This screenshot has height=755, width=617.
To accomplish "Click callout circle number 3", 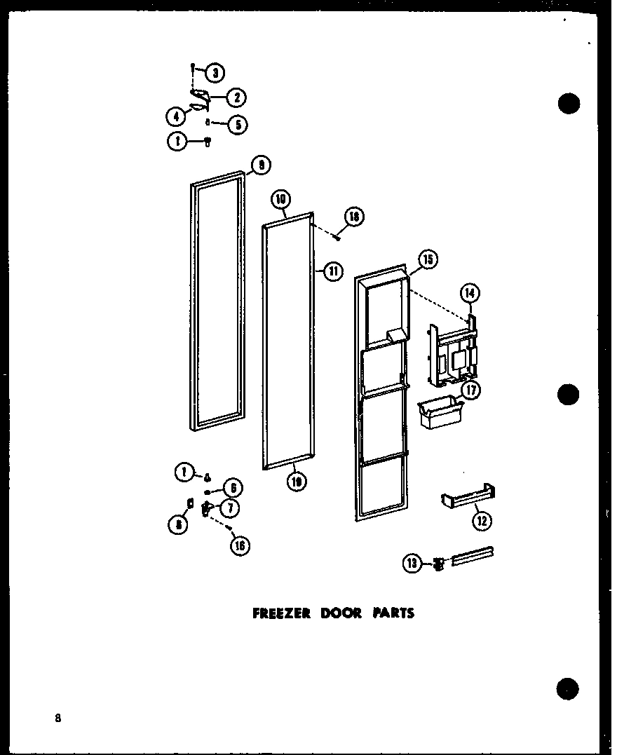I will tap(215, 72).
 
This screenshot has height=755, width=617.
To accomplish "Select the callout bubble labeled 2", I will tap(238, 97).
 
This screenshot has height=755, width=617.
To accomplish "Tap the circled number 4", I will tap(175, 116).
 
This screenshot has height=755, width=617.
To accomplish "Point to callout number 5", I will tap(238, 125).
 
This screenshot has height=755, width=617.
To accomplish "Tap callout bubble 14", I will tap(469, 293).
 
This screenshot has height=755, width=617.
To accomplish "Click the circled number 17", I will tap(471, 390).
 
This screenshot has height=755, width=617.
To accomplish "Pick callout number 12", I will tap(482, 519).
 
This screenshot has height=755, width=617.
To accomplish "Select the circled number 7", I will tap(232, 506).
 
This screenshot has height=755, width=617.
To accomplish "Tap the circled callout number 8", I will tap(179, 524).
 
